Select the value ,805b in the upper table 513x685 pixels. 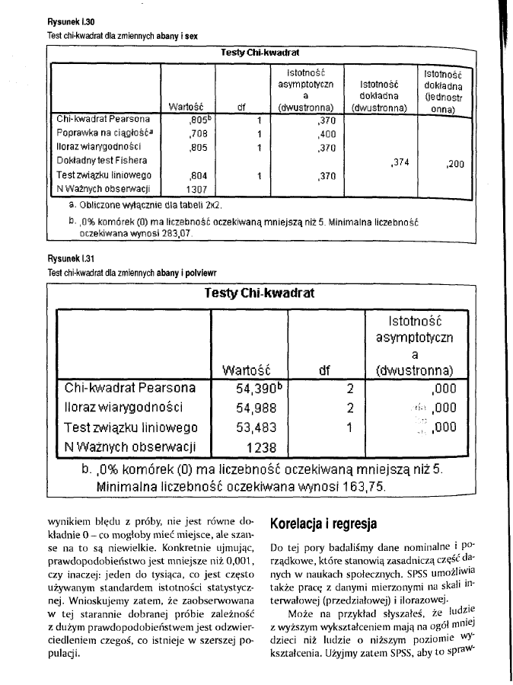[199, 120]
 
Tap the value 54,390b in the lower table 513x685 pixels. [247, 388]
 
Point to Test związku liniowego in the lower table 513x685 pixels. [132, 427]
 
